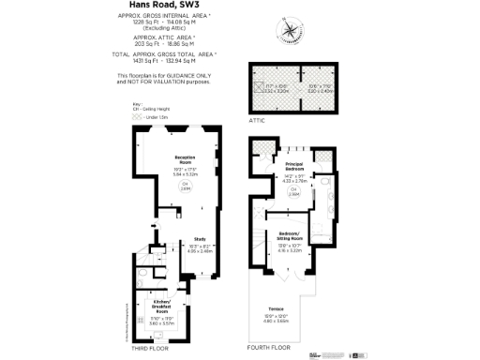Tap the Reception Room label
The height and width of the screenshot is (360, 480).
point(185,157)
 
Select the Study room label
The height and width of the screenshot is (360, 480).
point(199,239)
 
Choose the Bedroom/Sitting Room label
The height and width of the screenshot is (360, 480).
point(291,233)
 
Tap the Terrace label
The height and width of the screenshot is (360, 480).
point(276,307)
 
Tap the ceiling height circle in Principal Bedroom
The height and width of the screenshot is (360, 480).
point(292,191)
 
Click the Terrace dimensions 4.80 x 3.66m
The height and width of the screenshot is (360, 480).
point(276,322)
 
